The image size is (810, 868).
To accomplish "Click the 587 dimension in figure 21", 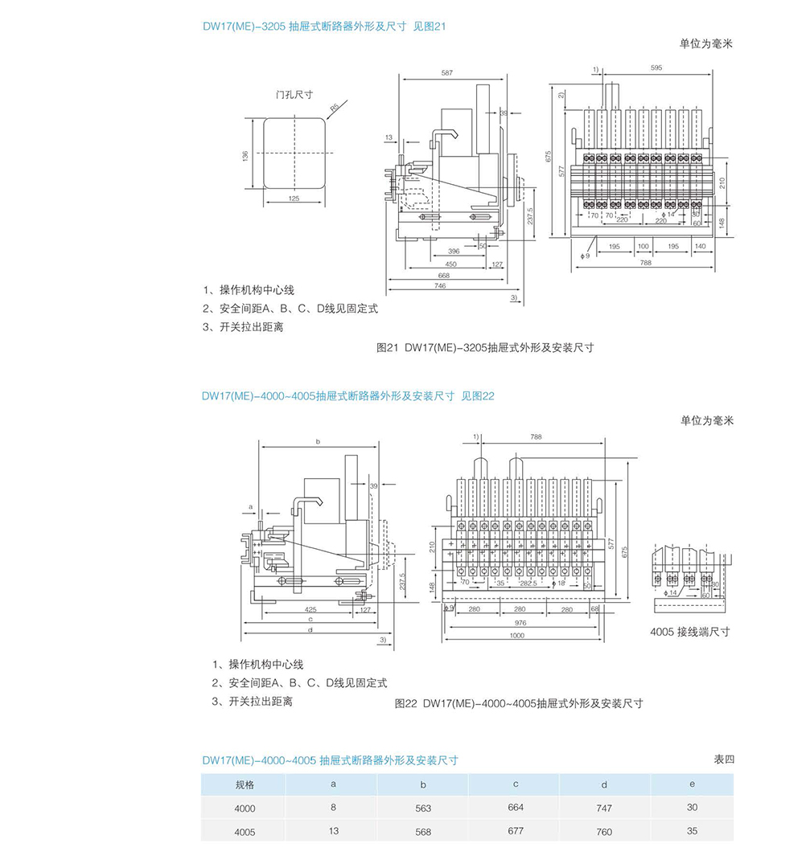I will (x=446, y=73).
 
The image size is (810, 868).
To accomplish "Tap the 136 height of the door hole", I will (x=245, y=155).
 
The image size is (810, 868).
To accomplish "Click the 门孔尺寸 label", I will (x=294, y=94).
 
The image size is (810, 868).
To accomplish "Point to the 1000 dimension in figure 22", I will (x=516, y=635).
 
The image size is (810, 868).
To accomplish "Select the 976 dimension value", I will (x=519, y=623).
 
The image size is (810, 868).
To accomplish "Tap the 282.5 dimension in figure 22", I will (x=528, y=583).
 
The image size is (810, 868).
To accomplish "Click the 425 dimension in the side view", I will (x=310, y=609).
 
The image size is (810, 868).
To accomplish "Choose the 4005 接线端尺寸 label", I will (x=689, y=632).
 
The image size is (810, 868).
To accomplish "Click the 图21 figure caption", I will (x=484, y=348).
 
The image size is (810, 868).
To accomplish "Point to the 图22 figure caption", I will (x=519, y=703).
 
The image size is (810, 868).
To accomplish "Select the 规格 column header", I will (x=245, y=784).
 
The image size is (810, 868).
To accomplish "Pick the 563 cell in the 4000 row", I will (x=424, y=809).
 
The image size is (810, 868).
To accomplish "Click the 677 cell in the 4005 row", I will (x=516, y=832).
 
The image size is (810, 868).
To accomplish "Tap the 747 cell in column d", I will (x=604, y=809).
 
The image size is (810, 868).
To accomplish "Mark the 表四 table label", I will (x=723, y=759).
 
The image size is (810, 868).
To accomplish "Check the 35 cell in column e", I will (x=692, y=832).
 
